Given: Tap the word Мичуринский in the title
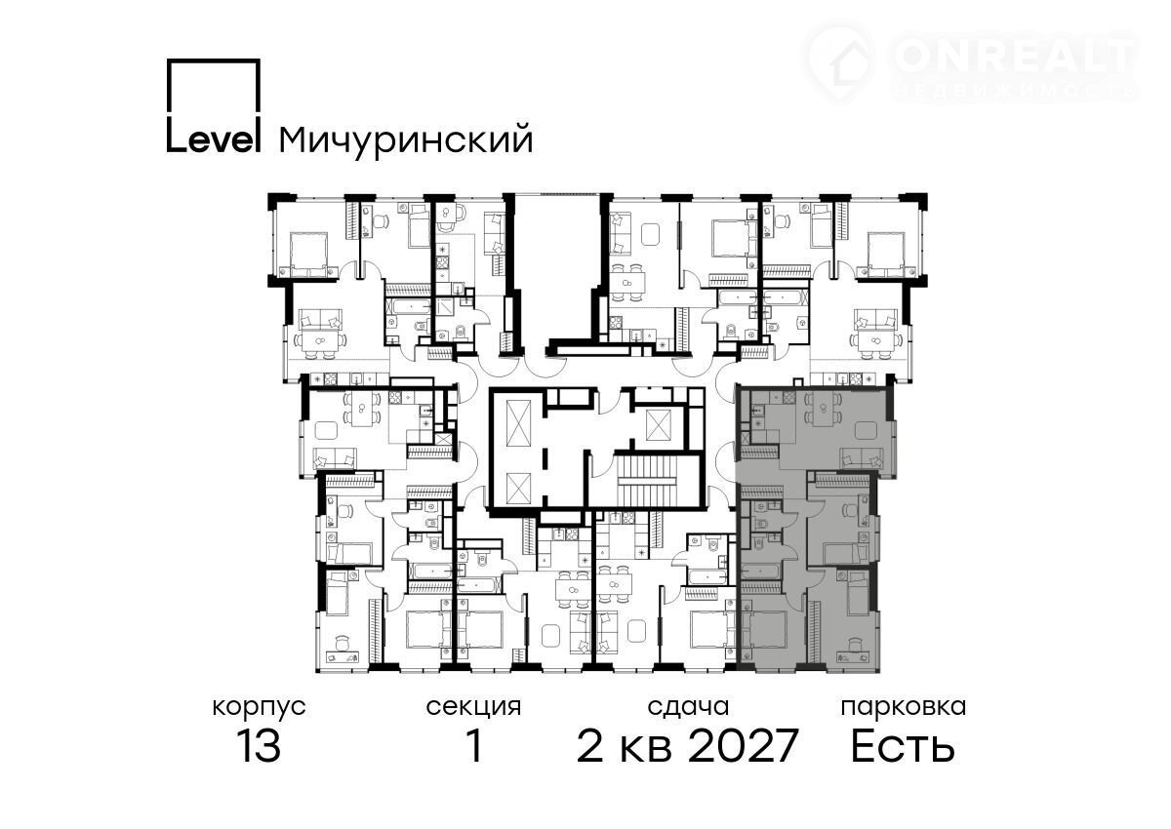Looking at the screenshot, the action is [406, 140].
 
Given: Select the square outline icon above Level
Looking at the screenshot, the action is [214, 85].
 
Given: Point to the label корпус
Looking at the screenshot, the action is [259, 708].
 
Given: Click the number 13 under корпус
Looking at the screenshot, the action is [260, 745].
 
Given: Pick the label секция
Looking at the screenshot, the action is [473, 708].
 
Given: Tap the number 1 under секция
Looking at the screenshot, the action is [474, 745].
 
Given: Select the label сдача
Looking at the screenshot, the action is [688, 708].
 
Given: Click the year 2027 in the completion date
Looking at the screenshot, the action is [743, 745].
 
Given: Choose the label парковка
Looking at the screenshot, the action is [904, 708].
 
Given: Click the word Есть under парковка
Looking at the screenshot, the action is [903, 745].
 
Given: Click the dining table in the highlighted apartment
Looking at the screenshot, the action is [824, 409].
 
